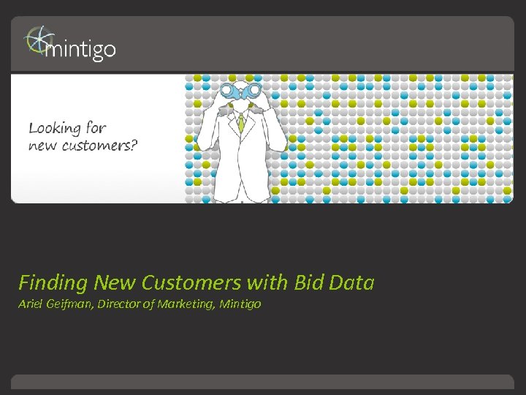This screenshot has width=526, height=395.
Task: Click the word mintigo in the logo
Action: coord(80,49)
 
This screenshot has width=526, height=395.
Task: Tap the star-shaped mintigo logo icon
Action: coord(37,41)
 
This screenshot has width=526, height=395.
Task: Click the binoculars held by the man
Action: coord(240,91)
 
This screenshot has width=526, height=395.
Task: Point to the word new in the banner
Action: coord(42,145)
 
